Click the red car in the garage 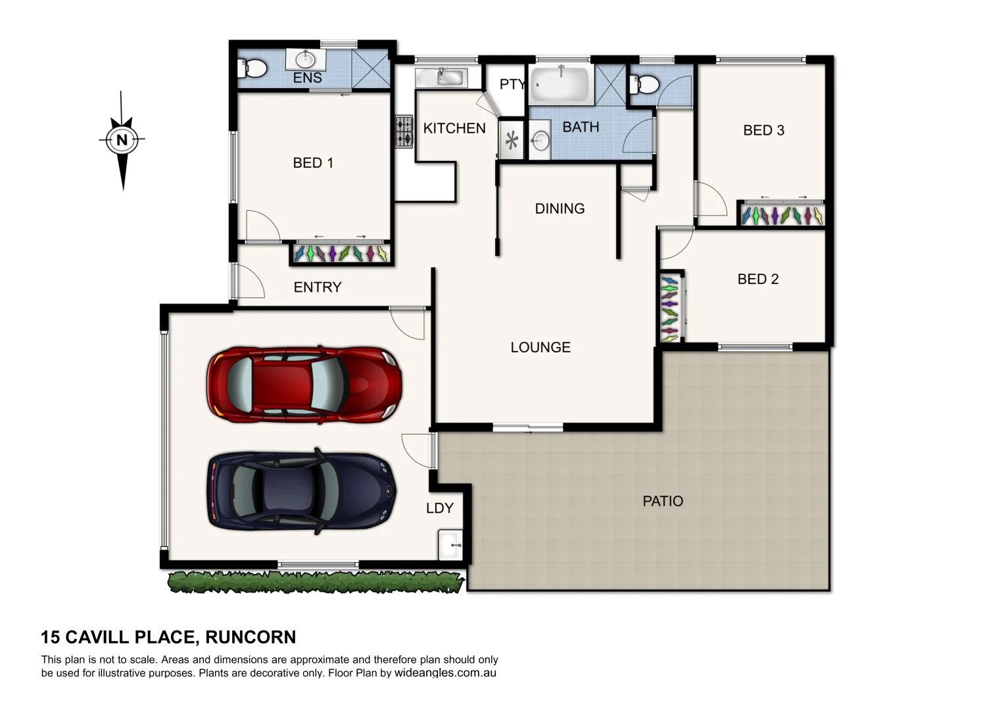304,383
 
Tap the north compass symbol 122,139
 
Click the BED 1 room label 313,162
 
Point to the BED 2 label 757,279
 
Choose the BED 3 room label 763,130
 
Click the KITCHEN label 454,128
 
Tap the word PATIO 663,501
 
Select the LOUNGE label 540,347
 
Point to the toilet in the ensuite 254,68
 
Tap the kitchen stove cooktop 404,131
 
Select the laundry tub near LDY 450,545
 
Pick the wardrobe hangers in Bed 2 669,308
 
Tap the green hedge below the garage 316,581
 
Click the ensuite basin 305,59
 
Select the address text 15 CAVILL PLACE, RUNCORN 168,637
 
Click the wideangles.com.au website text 445,673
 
